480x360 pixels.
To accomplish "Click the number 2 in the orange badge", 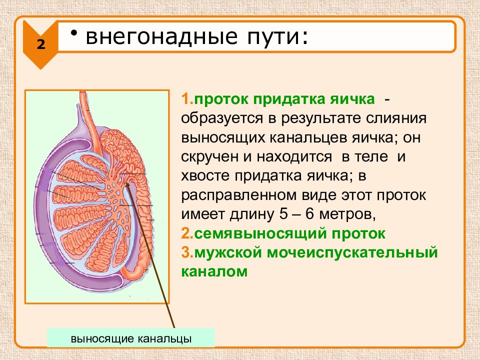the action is [x=41, y=44].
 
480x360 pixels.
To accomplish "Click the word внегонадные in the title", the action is [x=161, y=36].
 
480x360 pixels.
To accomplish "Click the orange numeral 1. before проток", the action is [x=187, y=99].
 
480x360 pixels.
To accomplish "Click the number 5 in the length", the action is [x=283, y=214].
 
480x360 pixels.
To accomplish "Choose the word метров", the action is [x=347, y=214].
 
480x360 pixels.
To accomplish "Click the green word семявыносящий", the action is [x=258, y=234].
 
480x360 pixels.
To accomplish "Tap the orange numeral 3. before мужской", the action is [x=187, y=253].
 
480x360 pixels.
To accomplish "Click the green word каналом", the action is [x=214, y=272].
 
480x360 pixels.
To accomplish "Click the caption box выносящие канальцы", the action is [x=131, y=338].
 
